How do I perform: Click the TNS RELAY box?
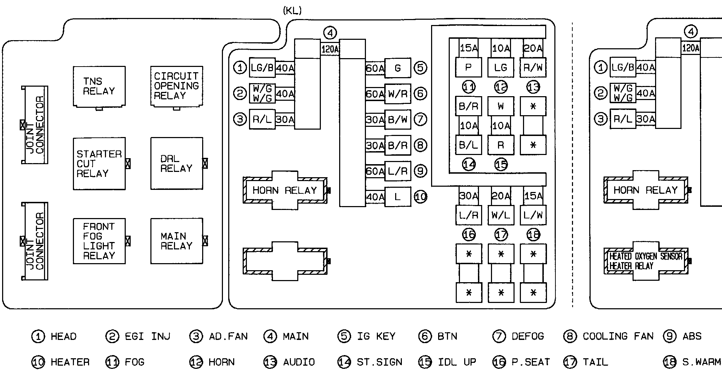99,86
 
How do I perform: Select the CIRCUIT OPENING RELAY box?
176,86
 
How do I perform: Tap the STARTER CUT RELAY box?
99,164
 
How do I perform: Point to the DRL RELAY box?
176,164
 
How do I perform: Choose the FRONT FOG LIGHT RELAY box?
99,241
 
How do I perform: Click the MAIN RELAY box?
176,241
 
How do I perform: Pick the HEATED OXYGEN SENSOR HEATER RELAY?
646,261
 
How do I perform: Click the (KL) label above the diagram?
292,11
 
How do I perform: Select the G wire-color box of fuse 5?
398,68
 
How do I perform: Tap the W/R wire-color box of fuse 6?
398,94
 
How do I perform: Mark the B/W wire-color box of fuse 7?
398,120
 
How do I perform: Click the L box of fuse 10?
398,197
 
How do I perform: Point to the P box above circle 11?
468,68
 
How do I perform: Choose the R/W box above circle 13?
533,68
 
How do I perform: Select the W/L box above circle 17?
501,215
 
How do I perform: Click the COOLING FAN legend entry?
617,336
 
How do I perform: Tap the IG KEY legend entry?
376,336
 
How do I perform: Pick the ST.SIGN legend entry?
379,362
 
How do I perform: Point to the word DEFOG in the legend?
528,336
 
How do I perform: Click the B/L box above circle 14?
468,145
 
